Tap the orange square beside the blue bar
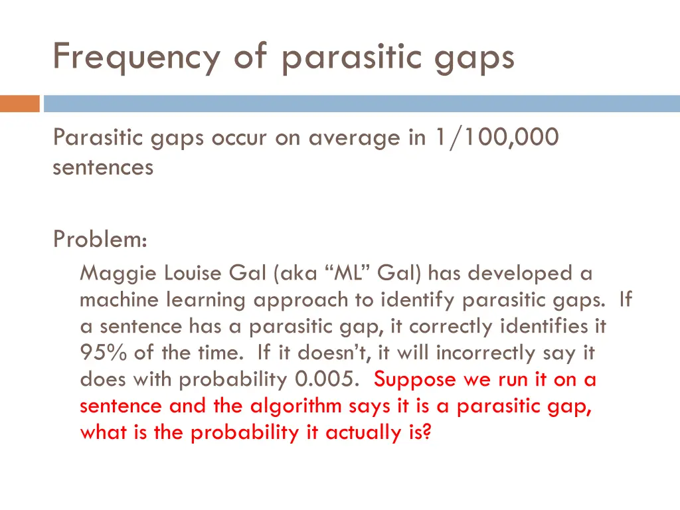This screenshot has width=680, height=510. [19, 104]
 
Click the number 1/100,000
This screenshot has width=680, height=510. [497, 137]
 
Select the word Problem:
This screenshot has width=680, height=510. [100, 239]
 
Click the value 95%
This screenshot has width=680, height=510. [103, 353]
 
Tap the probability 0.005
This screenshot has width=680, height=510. [327, 380]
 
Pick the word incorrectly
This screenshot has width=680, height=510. [485, 353]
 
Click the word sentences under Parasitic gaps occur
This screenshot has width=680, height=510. [103, 167]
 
